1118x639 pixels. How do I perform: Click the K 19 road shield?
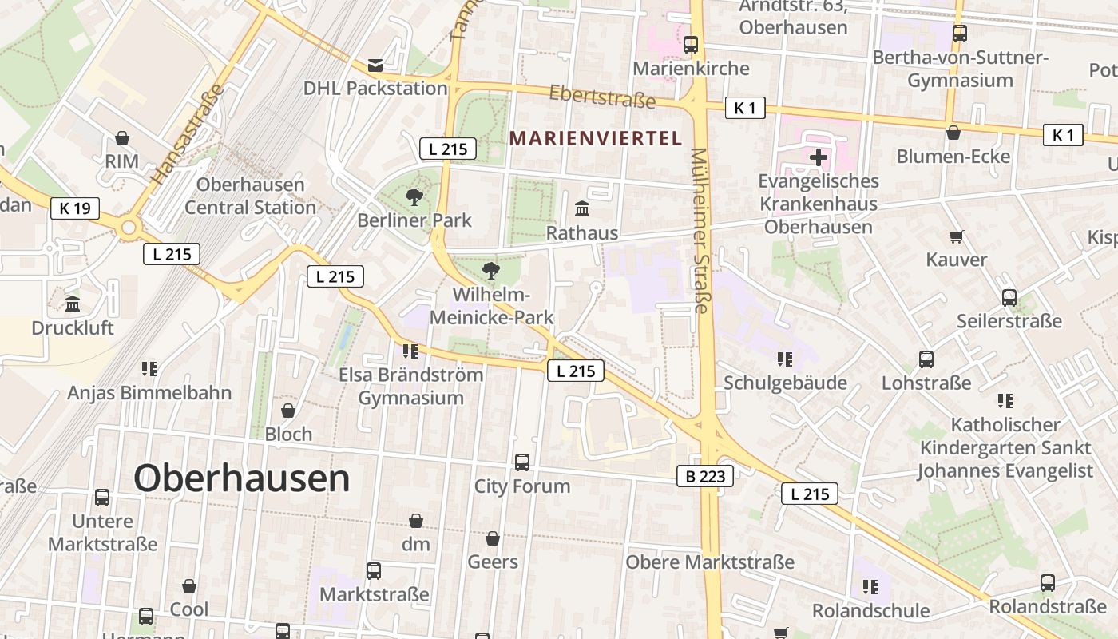coord(75,208)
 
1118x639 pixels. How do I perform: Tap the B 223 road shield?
coord(704,476)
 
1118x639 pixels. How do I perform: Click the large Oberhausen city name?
coord(241,478)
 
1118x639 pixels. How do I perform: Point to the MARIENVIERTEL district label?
coord(596,138)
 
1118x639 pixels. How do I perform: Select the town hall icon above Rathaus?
coord(582,209)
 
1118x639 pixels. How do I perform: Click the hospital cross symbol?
coord(818,157)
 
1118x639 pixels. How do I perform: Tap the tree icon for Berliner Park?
coord(414,196)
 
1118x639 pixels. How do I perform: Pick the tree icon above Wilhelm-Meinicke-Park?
coord(491,270)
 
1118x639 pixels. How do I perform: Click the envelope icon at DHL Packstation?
coord(375,65)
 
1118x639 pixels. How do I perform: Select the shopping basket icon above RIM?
coord(122,138)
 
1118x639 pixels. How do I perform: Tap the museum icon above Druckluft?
coord(73,304)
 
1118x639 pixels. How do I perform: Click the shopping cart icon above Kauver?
coord(956,236)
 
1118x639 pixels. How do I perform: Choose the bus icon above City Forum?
coord(521,462)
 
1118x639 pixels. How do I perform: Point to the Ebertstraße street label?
coord(602,97)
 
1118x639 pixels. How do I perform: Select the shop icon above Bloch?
coord(288,411)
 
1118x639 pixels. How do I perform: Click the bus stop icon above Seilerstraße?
coord(1009,298)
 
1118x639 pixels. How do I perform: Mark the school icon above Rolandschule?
coord(870,588)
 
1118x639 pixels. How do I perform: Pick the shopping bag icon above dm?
coord(415,521)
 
